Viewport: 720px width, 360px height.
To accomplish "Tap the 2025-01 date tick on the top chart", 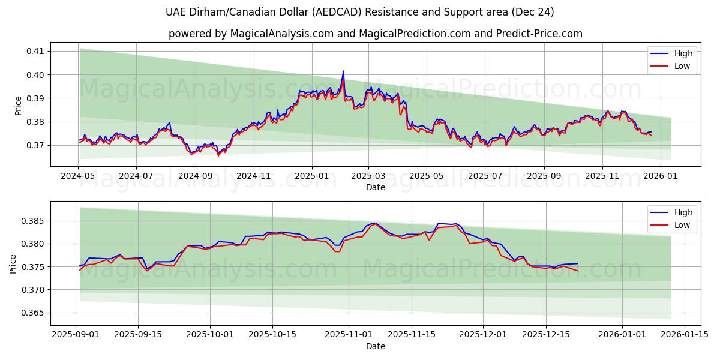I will tap(311, 176).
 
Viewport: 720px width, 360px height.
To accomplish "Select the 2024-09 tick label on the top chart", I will tap(195, 176).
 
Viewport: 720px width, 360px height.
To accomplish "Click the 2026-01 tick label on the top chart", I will tap(661, 176).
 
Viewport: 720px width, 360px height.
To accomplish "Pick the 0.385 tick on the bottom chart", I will tap(34, 221).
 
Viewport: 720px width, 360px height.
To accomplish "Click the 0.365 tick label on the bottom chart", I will tap(34, 313).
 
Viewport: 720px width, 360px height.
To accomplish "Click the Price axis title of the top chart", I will tap(18, 105).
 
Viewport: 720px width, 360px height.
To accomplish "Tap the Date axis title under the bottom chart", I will tap(376, 346).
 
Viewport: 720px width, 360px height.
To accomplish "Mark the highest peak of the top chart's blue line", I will tap(343, 71).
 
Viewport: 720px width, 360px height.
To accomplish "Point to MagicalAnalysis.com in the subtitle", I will tap(281, 34).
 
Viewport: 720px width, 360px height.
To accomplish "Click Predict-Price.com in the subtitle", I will tap(540, 34).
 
